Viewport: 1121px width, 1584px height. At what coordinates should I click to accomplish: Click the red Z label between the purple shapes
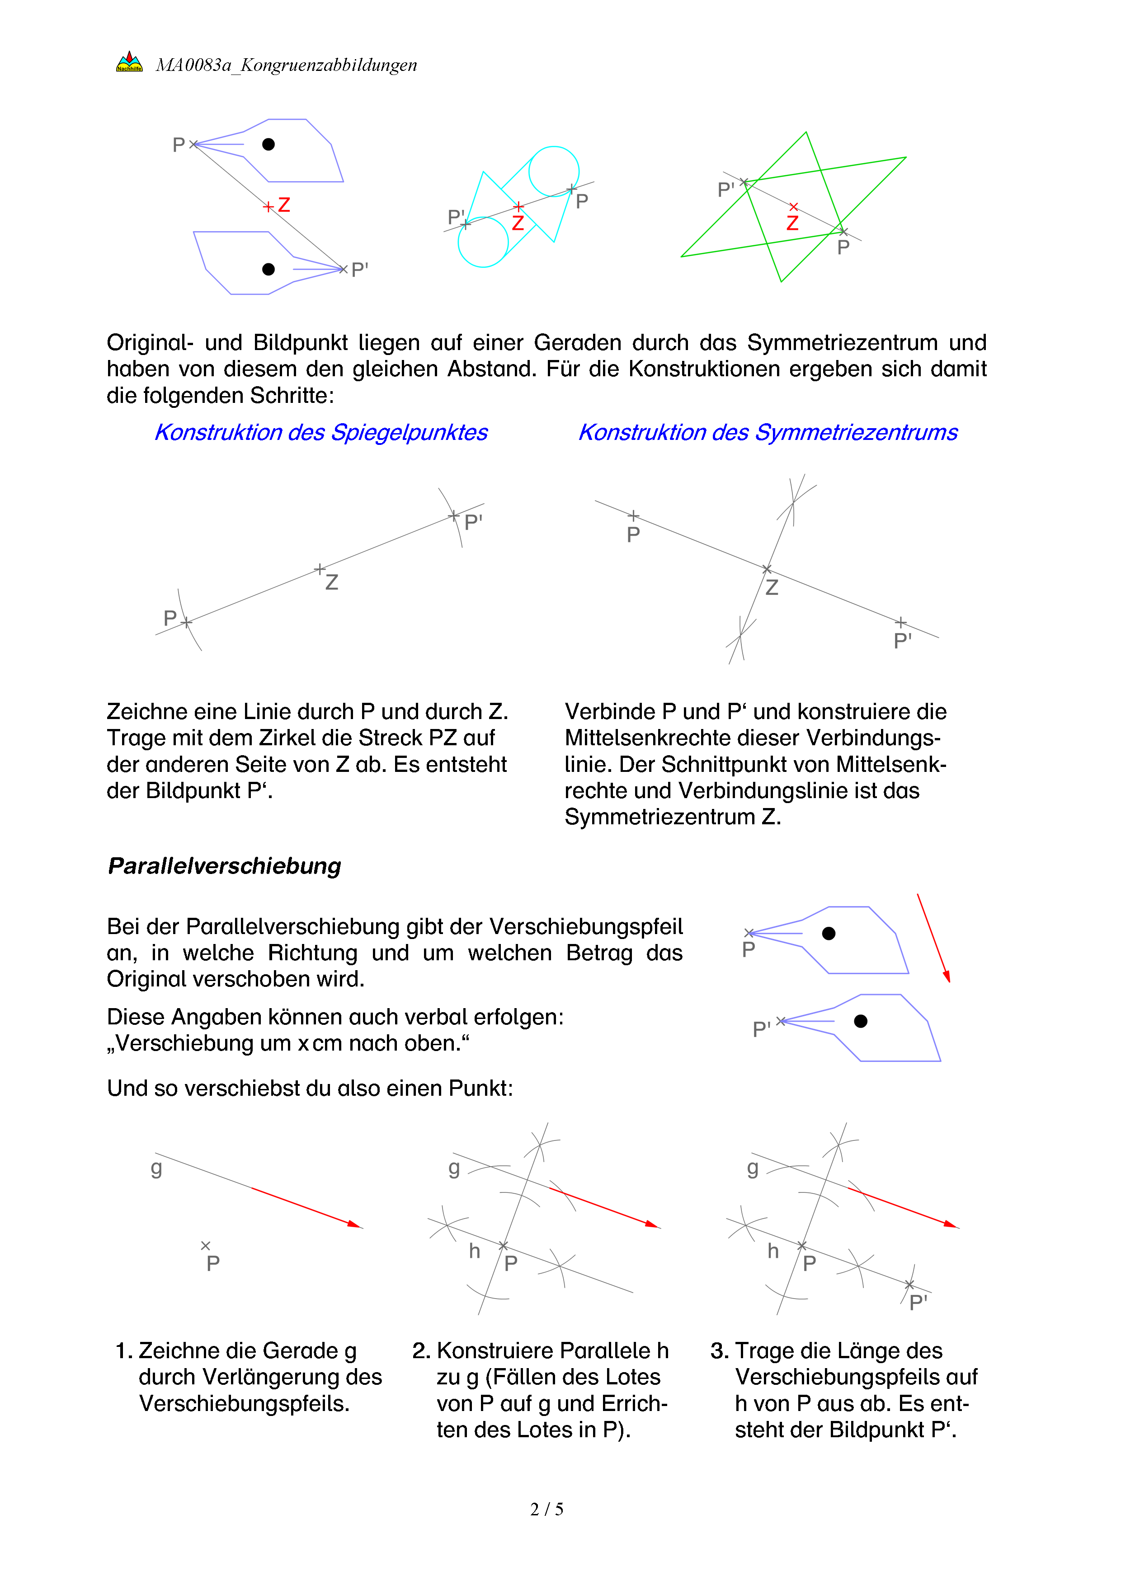point(284,205)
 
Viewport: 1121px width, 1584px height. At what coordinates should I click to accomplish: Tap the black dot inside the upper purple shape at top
point(268,144)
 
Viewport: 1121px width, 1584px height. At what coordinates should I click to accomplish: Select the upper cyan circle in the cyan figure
point(554,171)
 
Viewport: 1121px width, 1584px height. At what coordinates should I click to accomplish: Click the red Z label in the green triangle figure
point(792,223)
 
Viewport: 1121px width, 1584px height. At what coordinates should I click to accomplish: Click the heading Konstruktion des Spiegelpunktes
point(321,433)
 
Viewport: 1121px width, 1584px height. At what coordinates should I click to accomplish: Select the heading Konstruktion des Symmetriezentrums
point(768,433)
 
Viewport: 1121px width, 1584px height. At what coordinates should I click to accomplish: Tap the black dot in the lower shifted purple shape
point(861,1021)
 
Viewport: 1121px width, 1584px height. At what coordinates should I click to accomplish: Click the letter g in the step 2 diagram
point(453,1168)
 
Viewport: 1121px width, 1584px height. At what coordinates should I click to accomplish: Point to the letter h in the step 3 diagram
point(773,1251)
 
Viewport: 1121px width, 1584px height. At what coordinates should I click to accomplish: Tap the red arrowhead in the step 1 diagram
point(355,1224)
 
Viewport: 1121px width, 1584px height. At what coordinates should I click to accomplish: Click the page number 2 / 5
point(546,1509)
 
